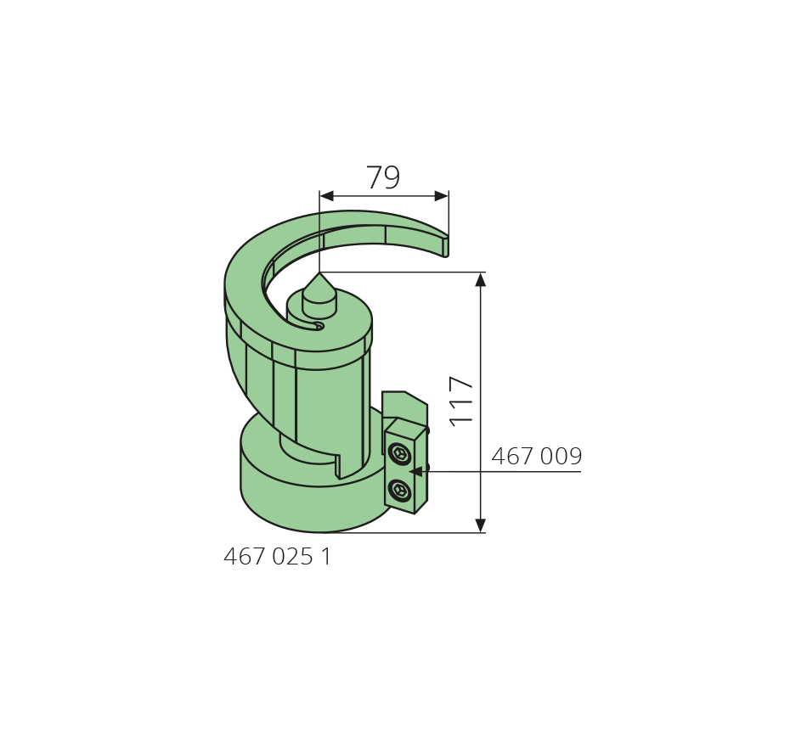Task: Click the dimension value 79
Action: pyautogui.click(x=382, y=177)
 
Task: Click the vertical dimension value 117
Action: pyautogui.click(x=461, y=401)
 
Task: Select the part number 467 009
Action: pyautogui.click(x=536, y=457)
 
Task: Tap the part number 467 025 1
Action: pyautogui.click(x=278, y=557)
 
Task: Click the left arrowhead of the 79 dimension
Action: pyautogui.click(x=326, y=196)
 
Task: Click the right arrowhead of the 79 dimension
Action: pyautogui.click(x=442, y=196)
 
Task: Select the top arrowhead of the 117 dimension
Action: pyautogui.click(x=481, y=279)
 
